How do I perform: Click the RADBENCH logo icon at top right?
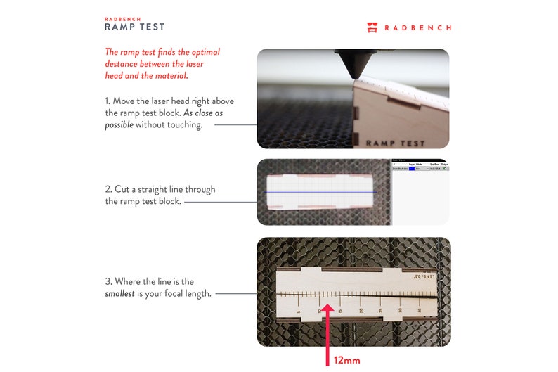click(x=372, y=27)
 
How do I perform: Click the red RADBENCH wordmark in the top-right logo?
click(x=419, y=28)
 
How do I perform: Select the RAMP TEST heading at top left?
click(x=134, y=27)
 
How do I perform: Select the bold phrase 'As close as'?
click(x=203, y=113)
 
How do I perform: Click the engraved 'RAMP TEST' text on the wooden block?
click(x=395, y=143)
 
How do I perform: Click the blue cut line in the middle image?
click(x=320, y=192)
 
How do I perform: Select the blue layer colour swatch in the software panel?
click(x=412, y=169)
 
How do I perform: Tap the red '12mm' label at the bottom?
click(x=346, y=360)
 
